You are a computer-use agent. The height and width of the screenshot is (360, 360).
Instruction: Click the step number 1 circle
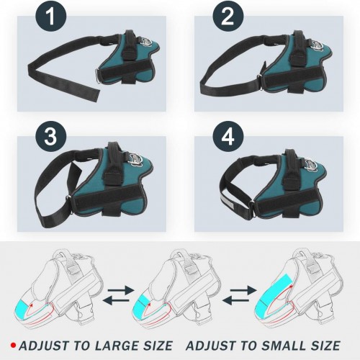click(50, 16)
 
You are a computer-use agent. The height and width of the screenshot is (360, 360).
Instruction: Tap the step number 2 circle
click(228, 16)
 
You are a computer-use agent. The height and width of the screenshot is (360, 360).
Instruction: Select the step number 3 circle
click(50, 137)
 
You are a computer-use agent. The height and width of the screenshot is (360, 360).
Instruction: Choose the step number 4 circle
click(228, 137)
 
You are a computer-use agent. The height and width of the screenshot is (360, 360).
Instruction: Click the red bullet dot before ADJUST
click(14, 346)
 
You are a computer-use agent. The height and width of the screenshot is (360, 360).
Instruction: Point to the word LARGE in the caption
click(116, 346)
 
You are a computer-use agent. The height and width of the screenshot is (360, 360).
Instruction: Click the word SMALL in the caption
click(284, 346)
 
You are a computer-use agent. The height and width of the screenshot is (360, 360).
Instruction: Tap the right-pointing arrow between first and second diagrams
click(121, 291)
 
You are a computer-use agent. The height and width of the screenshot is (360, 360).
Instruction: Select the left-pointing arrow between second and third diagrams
click(235, 300)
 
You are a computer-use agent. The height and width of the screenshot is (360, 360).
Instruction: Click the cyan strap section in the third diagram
click(274, 293)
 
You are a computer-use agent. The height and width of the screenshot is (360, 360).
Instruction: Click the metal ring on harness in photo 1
click(98, 76)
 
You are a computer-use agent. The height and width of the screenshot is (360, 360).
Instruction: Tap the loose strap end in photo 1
click(94, 95)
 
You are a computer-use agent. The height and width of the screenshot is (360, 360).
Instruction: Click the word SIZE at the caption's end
click(325, 346)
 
